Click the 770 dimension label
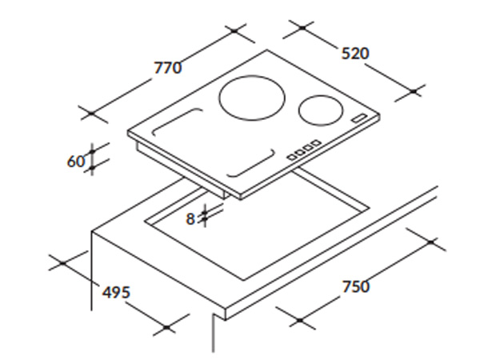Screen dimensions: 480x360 (x=168, y=68)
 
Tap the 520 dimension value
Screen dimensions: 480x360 (x=355, y=54)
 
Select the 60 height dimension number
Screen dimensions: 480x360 (x=76, y=162)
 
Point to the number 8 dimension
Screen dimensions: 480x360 (x=190, y=219)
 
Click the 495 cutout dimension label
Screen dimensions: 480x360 (x=116, y=292)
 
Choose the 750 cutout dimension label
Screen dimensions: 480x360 (x=356, y=286)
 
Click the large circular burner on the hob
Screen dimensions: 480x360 (x=252, y=98)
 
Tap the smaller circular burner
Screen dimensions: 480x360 (x=321, y=110)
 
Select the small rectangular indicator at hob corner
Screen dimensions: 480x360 (x=359, y=118)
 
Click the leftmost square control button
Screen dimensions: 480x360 (x=292, y=157)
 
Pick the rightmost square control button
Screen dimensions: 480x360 (x=316, y=142)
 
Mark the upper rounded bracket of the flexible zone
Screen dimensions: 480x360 (x=178, y=122)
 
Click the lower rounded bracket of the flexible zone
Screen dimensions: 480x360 (x=250, y=163)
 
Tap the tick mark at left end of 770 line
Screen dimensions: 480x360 (x=92, y=114)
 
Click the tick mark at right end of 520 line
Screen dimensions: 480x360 (x=414, y=91)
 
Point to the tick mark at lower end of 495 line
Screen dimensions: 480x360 (x=166, y=327)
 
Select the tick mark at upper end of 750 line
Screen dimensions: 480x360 (x=431, y=242)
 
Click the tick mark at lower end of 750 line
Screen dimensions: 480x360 (x=300, y=320)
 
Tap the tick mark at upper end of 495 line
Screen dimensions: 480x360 (x=62, y=263)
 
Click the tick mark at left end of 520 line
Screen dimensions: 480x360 (x=302, y=28)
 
